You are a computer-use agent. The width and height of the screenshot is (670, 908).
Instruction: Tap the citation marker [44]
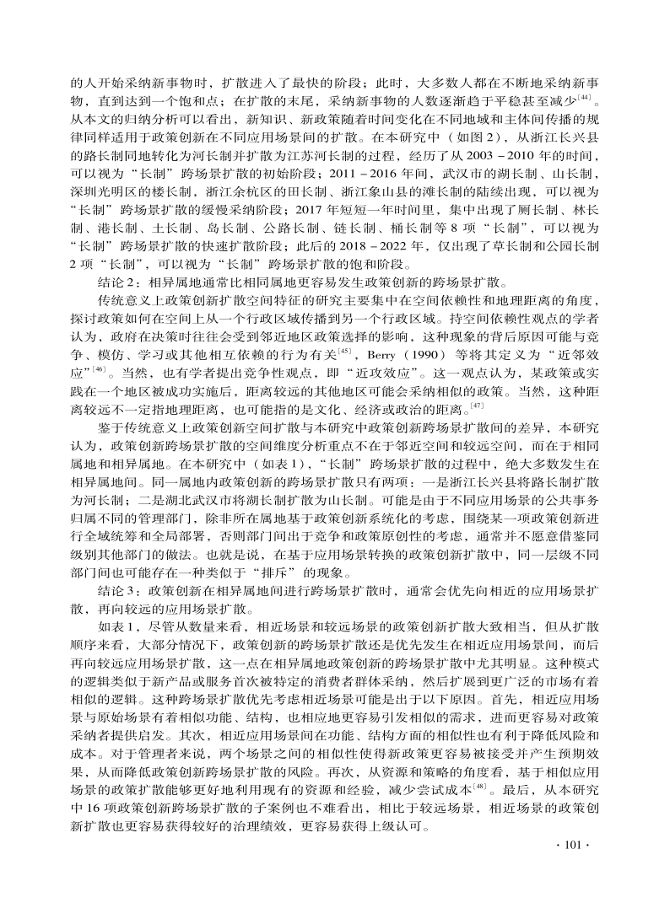584,98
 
